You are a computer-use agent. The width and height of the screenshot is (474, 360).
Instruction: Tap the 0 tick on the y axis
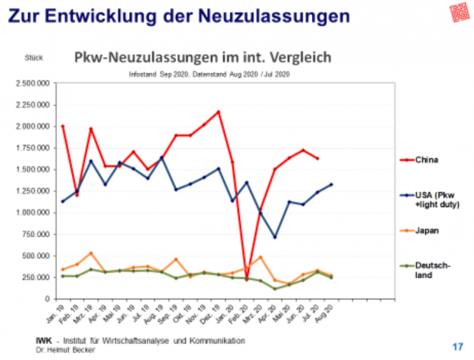click(47, 298)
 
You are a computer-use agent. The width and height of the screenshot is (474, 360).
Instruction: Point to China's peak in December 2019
click(219, 112)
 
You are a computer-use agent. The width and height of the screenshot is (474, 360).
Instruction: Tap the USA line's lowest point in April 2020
click(274, 237)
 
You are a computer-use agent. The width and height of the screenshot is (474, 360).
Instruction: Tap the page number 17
click(458, 346)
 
